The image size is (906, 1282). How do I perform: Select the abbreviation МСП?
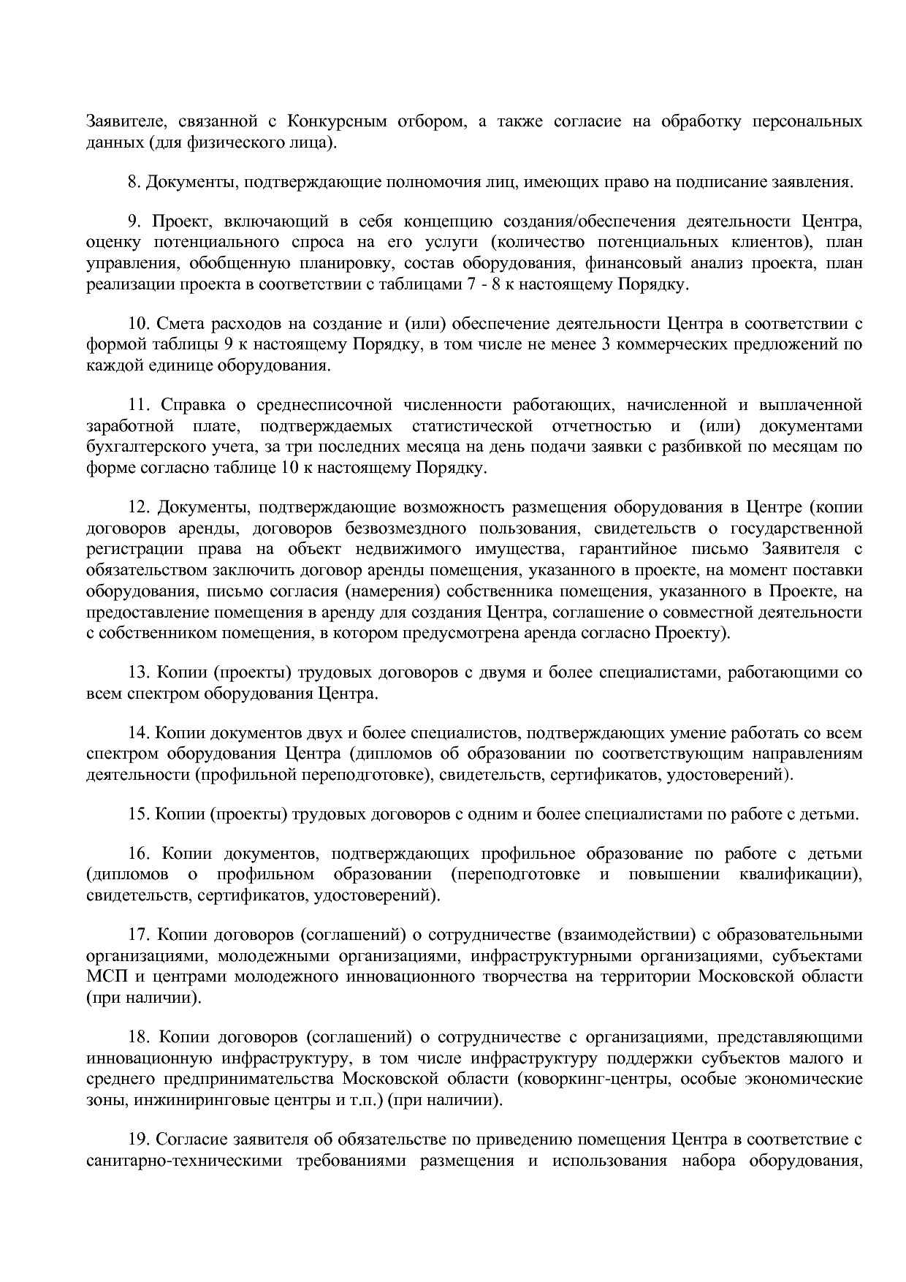[x=105, y=976]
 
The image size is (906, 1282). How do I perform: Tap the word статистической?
[x=472, y=426]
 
